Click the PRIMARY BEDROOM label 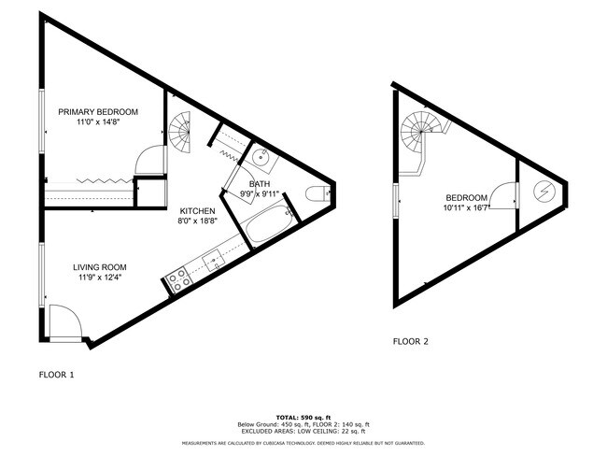pos(98,112)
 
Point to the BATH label pos(260,184)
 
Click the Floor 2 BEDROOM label pos(466,197)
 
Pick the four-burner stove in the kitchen pos(178,278)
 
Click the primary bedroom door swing pos(150,161)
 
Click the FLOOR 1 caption pos(56,375)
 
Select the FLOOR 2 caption pos(411,341)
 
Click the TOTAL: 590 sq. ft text pos(303,416)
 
